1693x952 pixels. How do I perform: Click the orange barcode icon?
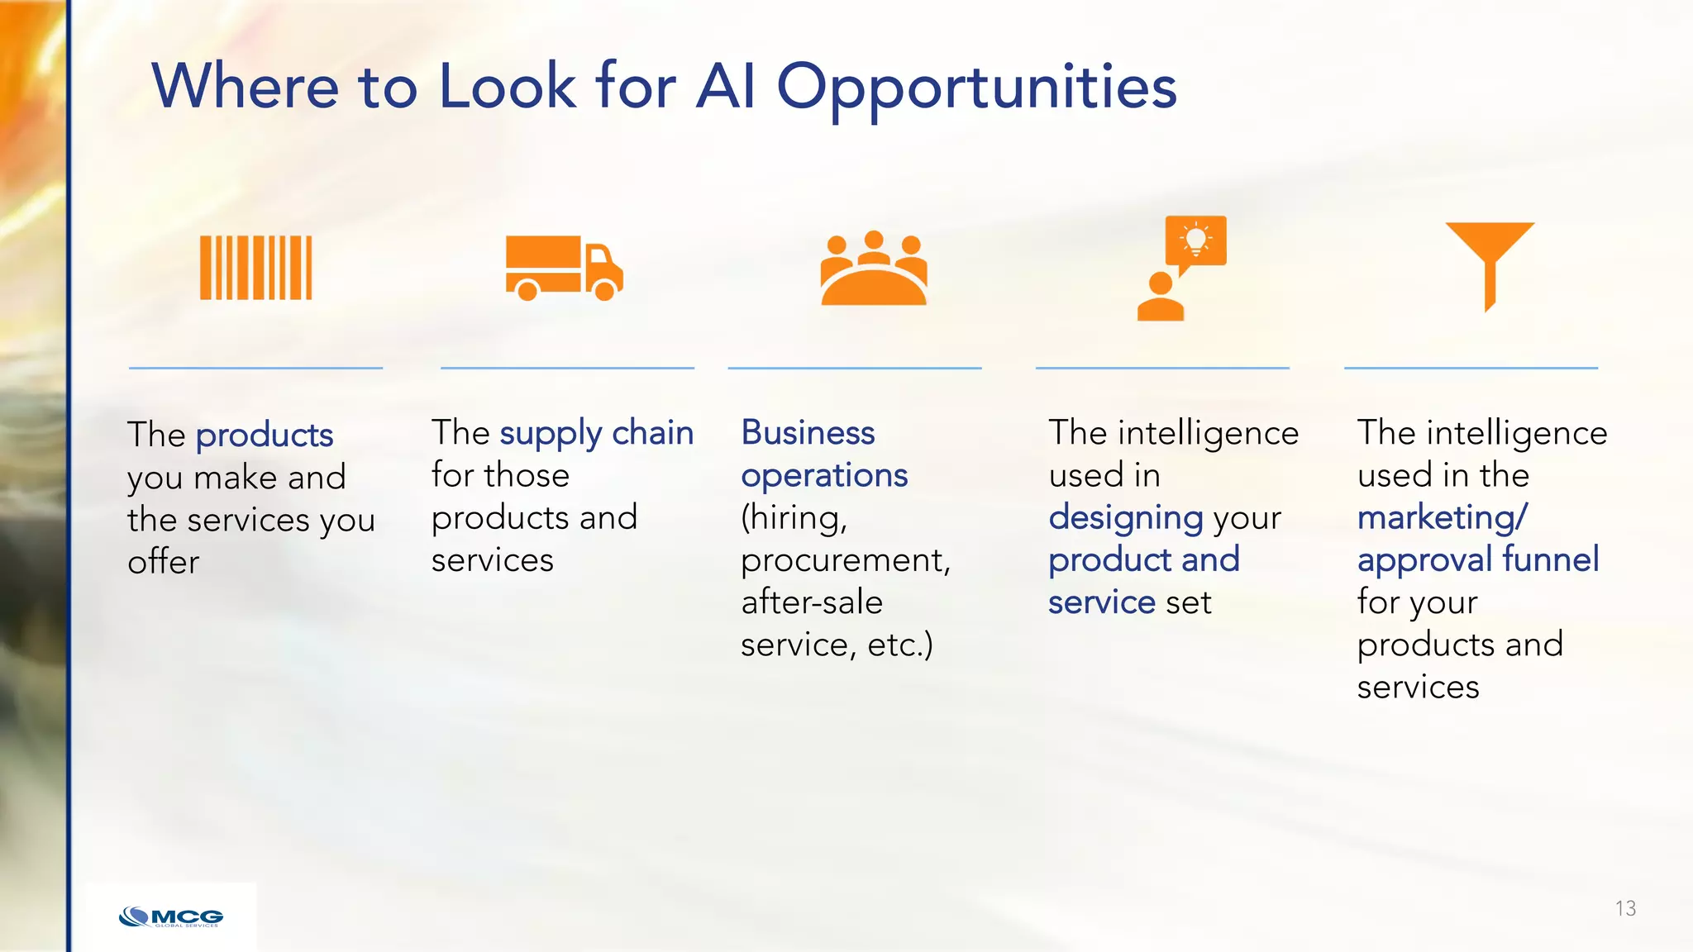(256, 268)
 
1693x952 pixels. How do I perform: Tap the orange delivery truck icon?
(564, 268)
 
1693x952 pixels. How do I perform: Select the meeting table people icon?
(874, 269)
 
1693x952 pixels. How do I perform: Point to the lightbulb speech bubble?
(1195, 241)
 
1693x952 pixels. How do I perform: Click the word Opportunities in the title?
(976, 87)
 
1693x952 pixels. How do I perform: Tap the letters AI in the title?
(726, 86)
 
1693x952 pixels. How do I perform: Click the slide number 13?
(1625, 909)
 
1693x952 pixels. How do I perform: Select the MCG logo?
(171, 917)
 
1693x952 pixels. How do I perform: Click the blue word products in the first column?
(265, 436)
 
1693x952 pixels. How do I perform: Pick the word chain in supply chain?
(652, 433)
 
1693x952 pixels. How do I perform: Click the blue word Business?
(808, 433)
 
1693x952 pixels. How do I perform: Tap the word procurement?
(846, 560)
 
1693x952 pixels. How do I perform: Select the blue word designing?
(1126, 518)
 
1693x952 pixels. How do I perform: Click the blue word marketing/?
(1443, 518)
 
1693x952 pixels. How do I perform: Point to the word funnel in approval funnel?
(1551, 559)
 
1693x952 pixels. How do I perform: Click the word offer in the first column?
(164, 563)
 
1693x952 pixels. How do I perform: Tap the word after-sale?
(812, 602)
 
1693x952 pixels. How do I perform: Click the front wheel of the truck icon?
(605, 290)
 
